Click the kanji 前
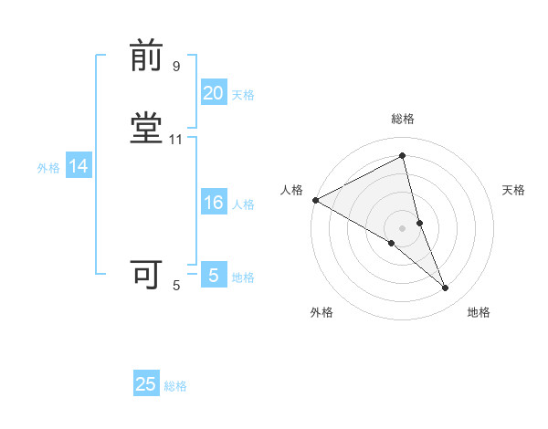point(147,58)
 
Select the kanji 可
point(147,273)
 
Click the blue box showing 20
point(213,92)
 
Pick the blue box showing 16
point(213,203)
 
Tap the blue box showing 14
point(78,166)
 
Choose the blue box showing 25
point(146,384)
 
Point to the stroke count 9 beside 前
point(176,67)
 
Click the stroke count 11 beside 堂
point(176,139)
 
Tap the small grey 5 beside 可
point(176,286)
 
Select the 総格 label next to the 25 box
point(175,386)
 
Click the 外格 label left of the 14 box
point(47,168)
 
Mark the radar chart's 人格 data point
point(315,200)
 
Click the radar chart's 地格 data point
point(446,288)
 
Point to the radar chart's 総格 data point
point(403,156)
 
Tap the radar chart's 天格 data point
point(419,222)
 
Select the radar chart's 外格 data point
point(392,243)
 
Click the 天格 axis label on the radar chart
point(513,190)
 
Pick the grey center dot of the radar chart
point(403,227)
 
